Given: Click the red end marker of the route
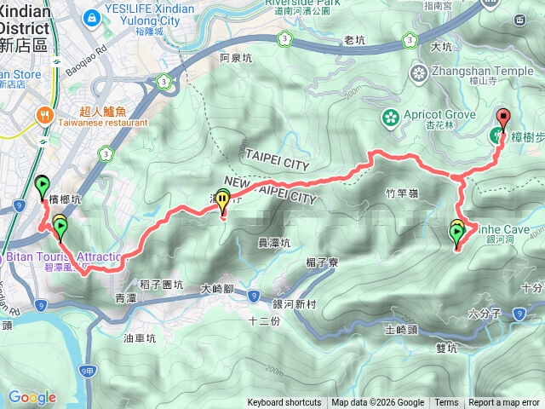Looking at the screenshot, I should click(502, 118).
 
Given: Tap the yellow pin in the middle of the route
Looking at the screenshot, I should click(223, 201).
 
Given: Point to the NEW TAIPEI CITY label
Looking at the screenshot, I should click(267, 197).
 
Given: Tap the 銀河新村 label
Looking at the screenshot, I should click(295, 304).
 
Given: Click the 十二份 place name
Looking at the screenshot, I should click(263, 320).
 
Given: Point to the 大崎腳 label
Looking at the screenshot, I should click(217, 289).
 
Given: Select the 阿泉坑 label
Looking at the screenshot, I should click(236, 59).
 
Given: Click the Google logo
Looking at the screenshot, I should click(32, 397).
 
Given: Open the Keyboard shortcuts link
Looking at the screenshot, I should click(284, 403).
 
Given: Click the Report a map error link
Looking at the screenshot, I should click(504, 403).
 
